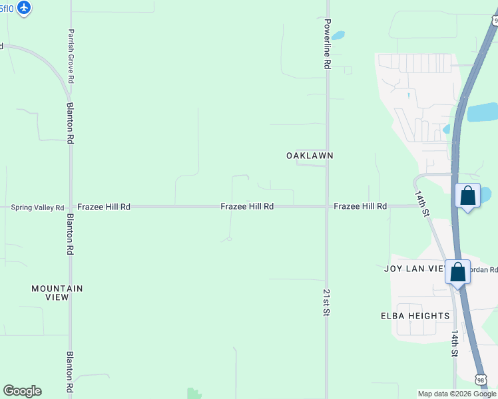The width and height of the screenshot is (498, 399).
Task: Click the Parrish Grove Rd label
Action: (70, 56)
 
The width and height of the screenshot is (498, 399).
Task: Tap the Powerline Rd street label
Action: (327, 44)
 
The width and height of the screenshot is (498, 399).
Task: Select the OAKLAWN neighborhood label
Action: (310, 156)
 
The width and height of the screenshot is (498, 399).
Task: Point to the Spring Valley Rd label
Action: (37, 207)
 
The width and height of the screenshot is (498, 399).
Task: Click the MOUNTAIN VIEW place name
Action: (57, 293)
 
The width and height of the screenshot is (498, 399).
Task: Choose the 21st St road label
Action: (326, 302)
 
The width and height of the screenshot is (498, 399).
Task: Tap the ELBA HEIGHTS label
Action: (415, 316)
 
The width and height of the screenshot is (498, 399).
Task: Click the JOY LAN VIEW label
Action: (414, 269)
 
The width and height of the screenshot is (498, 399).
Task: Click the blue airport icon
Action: (25, 8)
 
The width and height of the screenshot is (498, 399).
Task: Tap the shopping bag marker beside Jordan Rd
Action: (457, 272)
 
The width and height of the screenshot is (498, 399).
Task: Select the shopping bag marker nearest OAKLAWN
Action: (468, 196)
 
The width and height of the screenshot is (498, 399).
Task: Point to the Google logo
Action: (22, 391)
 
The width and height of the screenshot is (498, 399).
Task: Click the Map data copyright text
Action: (457, 394)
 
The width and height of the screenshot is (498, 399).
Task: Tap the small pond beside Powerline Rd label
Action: (338, 35)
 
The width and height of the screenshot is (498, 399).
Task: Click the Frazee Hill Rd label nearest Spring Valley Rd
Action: (103, 207)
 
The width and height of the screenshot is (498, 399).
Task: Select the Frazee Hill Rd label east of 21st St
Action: (360, 207)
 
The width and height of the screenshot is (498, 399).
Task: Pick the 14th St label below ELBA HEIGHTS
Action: (455, 344)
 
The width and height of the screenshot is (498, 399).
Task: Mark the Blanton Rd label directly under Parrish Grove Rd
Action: (70, 122)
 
